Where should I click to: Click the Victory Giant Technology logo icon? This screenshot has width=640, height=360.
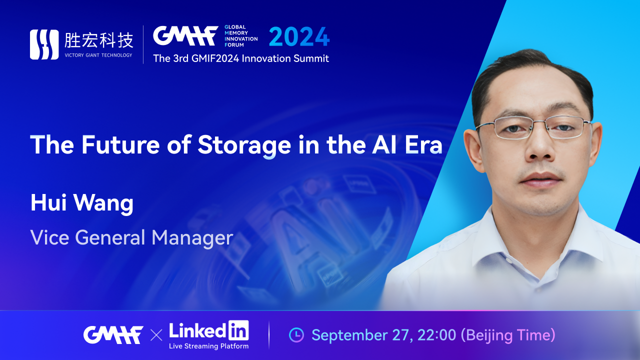44,44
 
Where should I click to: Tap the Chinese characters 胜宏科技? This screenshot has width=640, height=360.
99,40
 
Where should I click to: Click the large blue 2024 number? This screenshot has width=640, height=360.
299,36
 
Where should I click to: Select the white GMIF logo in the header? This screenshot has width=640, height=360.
185,35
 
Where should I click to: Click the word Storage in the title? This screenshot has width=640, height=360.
244,145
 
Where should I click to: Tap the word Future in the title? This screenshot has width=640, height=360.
120,145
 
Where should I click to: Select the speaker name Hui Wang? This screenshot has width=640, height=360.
82,203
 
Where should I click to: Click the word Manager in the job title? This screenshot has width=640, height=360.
192,238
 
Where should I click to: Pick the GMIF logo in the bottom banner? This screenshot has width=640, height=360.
113,335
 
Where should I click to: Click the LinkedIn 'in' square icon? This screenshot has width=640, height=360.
238,330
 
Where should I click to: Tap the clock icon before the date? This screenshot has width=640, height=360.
296,335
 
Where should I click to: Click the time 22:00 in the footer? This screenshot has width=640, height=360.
436,335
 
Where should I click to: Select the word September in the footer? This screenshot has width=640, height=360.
349,335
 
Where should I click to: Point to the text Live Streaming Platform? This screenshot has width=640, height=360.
209,346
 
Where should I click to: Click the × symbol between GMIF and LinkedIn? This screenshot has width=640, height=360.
156,335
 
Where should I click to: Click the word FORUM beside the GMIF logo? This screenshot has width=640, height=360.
234,45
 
